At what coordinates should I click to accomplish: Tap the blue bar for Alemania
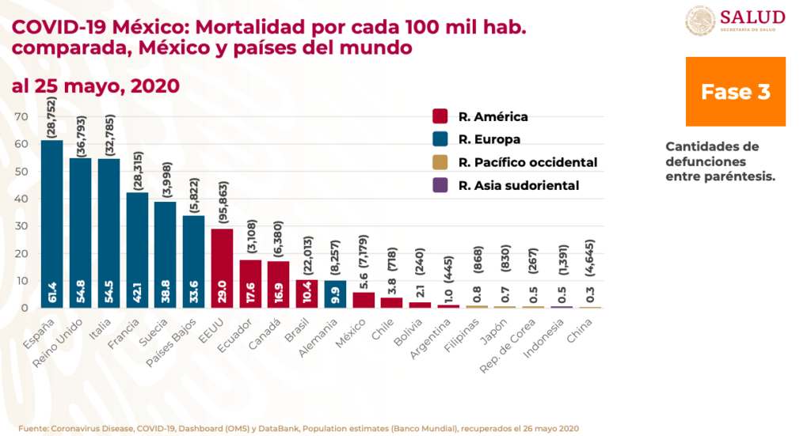coord(334,294)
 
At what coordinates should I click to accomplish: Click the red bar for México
coord(363,300)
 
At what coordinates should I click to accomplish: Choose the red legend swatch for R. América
coord(441,117)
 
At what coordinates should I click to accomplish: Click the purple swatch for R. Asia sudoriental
coord(441,186)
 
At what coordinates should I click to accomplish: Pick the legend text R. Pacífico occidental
coord(527,163)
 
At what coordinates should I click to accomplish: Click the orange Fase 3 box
coord(735,92)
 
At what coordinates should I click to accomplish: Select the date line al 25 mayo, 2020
coord(96,85)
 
